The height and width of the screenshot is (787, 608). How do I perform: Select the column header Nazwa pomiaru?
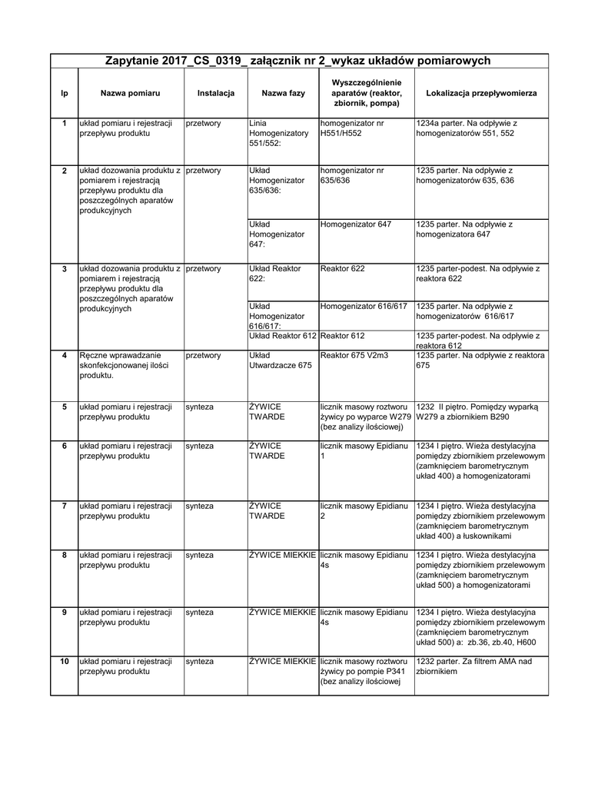[x=130, y=93]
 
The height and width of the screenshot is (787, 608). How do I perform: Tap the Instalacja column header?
[x=215, y=93]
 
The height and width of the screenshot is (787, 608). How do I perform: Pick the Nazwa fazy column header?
[x=283, y=93]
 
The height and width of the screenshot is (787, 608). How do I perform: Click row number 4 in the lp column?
[x=65, y=356]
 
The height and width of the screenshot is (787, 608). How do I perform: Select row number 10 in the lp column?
[x=65, y=661]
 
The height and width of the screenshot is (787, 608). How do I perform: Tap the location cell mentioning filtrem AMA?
[x=469, y=666]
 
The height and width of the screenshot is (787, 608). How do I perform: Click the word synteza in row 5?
[x=200, y=406]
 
